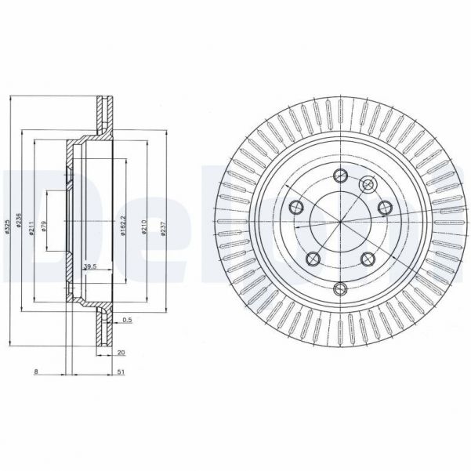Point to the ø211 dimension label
[31, 227]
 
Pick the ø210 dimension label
[144, 227]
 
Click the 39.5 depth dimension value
[89, 267]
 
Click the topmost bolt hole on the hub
[339, 175]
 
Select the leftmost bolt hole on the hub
[296, 207]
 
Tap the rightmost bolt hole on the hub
[383, 207]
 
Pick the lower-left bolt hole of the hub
[313, 258]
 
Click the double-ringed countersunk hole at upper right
[366, 183]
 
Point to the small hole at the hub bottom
[339, 289]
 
